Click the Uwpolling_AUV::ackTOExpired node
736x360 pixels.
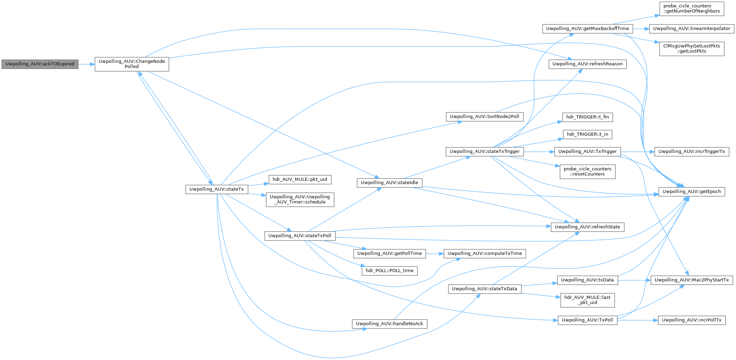(x=40, y=64)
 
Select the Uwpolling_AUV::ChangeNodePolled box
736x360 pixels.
(x=132, y=64)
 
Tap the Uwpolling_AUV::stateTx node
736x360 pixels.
(x=216, y=189)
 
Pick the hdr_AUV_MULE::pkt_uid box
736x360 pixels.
(x=300, y=179)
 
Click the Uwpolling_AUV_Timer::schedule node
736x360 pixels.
(x=300, y=199)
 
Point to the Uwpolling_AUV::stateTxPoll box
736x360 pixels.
(x=300, y=236)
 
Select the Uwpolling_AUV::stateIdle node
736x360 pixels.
(x=389, y=183)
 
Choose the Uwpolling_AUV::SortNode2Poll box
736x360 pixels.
(x=484, y=117)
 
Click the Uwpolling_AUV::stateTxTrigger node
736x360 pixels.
(x=485, y=152)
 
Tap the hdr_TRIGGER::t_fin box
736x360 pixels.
(x=587, y=117)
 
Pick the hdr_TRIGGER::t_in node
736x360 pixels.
(x=587, y=134)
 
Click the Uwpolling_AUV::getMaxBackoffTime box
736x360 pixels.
(x=587, y=29)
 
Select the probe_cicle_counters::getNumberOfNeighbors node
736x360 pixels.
(x=691, y=9)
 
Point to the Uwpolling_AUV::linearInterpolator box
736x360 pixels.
(x=691, y=29)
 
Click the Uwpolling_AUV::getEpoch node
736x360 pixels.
(x=691, y=192)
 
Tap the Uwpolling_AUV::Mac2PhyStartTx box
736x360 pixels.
(x=691, y=280)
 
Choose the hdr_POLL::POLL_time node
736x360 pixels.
(x=389, y=271)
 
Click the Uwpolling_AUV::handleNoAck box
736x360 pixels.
(x=389, y=324)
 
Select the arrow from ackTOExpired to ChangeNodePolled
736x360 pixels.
(x=86, y=64)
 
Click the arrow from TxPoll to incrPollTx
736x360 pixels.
(x=637, y=320)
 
